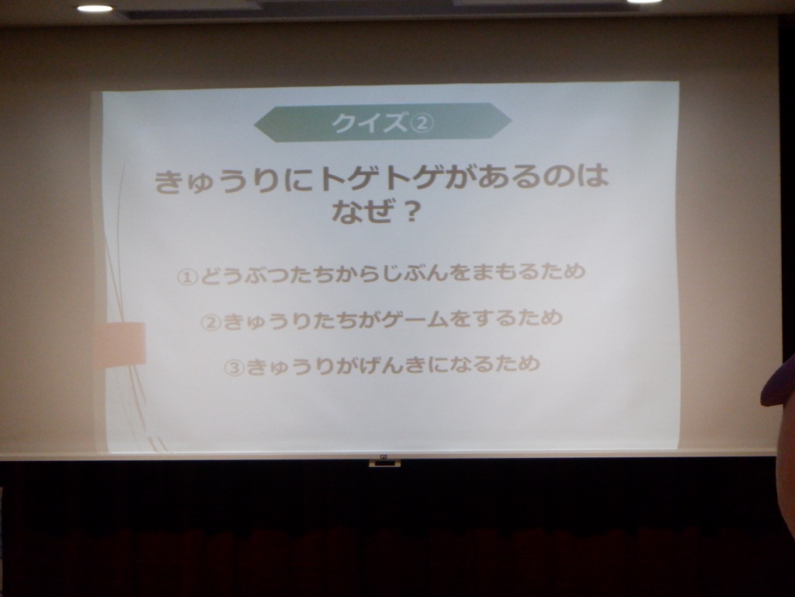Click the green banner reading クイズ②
[383, 122]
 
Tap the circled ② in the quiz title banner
[420, 124]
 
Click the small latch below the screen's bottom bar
[384, 463]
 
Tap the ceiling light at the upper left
[95, 8]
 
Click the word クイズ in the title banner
[370, 124]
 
